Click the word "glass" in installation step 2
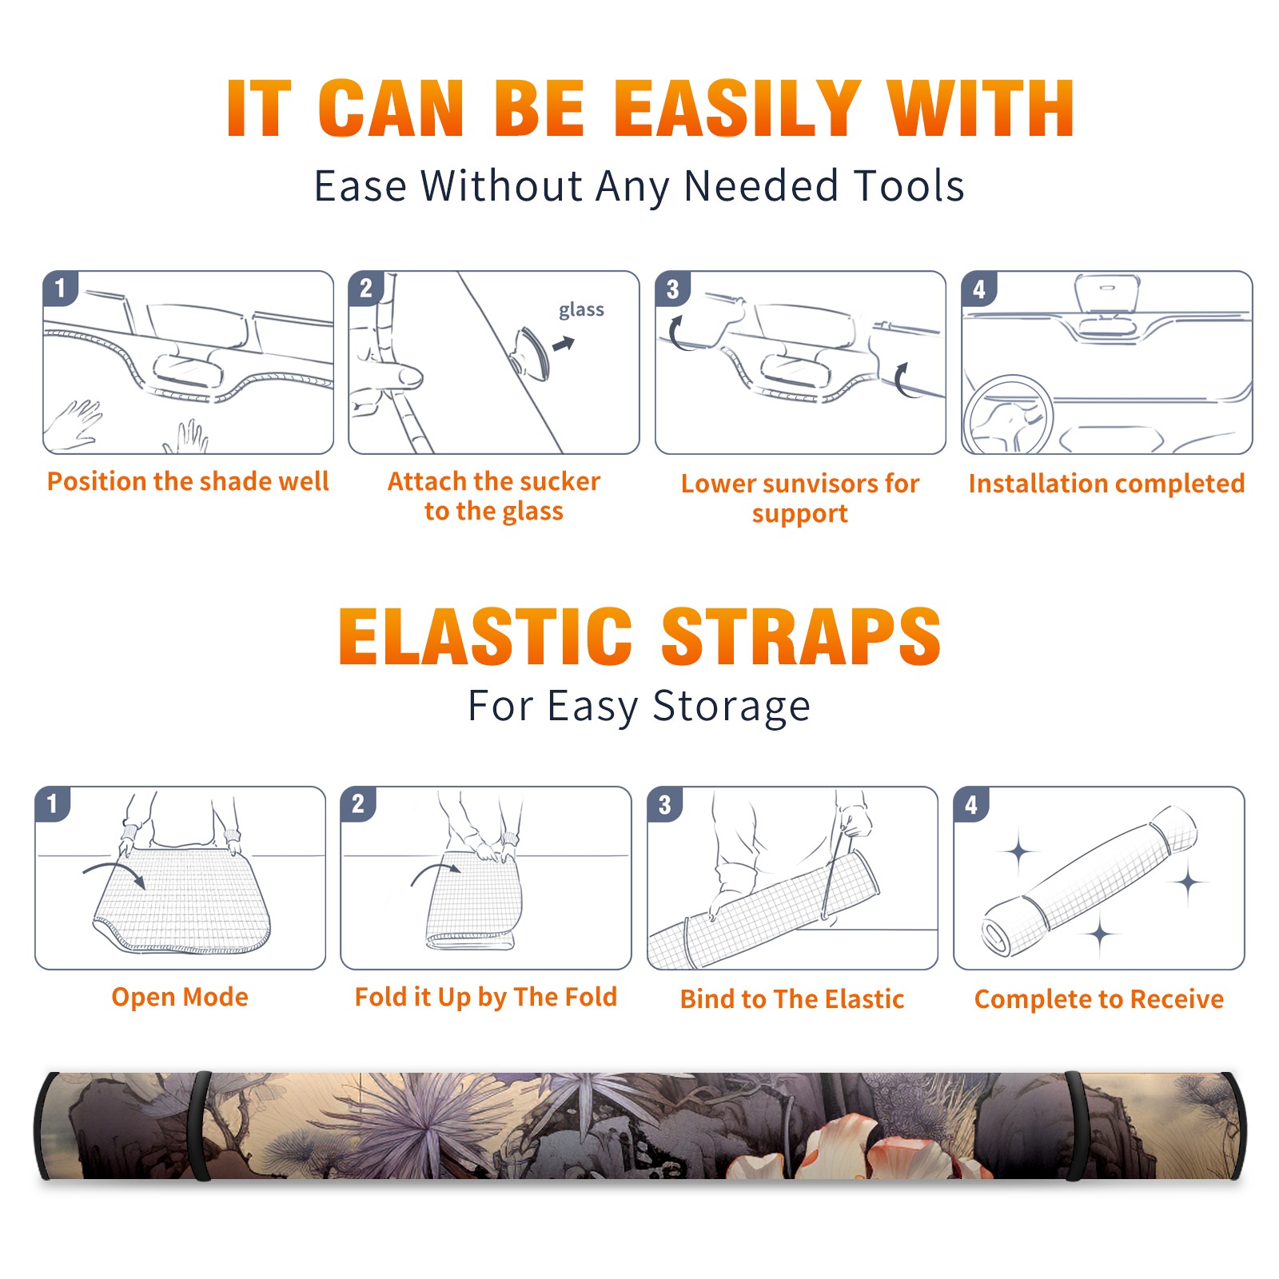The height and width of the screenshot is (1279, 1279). tap(581, 310)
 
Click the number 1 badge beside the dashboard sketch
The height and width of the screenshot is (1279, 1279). tap(61, 288)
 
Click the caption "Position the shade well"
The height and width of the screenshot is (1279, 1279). tap(188, 481)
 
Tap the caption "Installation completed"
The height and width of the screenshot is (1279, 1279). tap(1106, 484)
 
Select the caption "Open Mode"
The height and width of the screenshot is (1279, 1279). tap(180, 997)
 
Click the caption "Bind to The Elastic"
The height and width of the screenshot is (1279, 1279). tap(792, 999)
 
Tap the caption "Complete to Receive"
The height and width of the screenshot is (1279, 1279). tap(1099, 999)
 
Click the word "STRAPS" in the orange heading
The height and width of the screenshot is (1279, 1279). tap(801, 636)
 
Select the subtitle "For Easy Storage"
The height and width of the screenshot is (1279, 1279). tap(639, 706)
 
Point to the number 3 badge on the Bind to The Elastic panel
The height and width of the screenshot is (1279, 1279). tap(665, 804)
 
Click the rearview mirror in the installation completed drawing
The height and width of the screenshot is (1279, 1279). tap(1107, 295)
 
